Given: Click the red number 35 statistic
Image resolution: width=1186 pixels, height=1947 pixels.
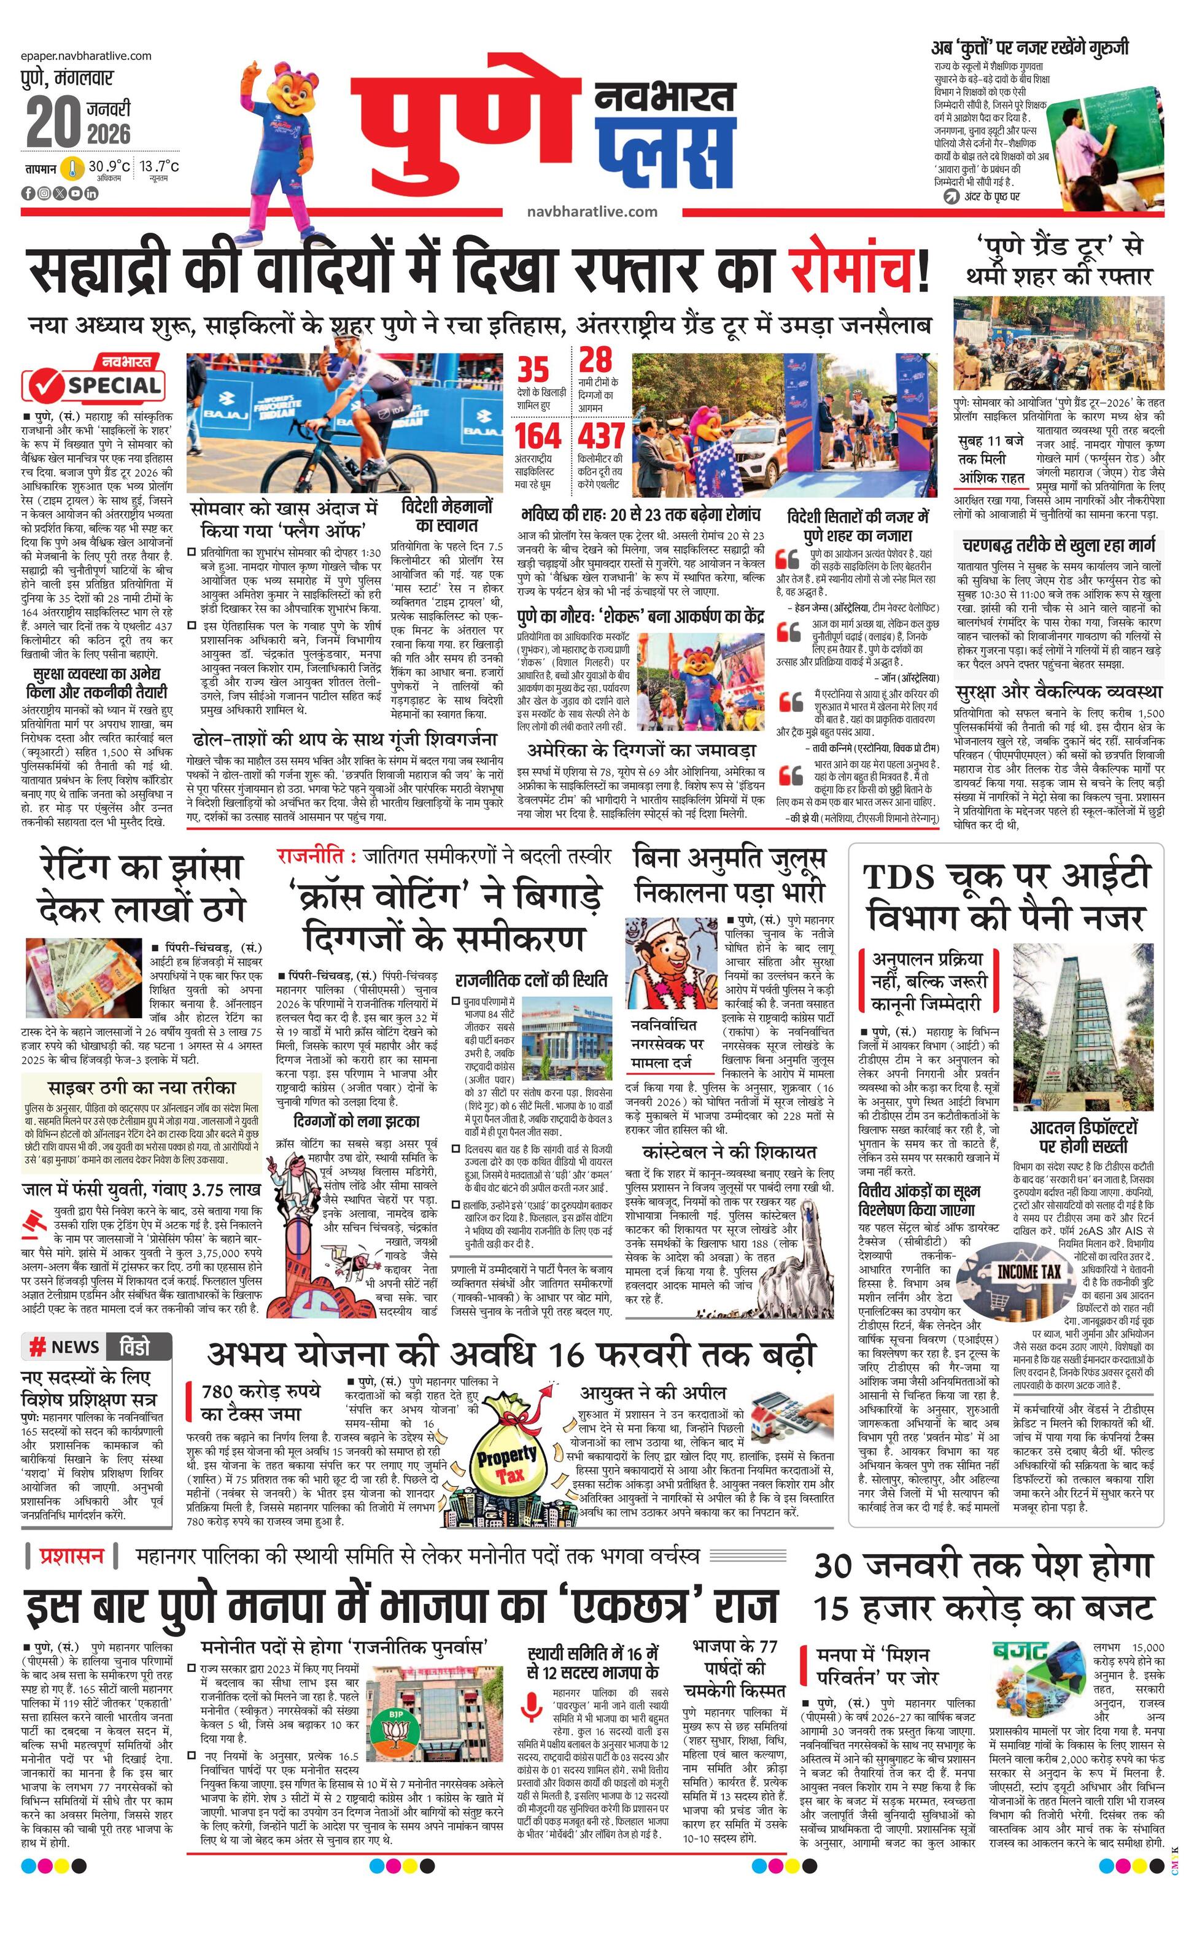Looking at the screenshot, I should tap(533, 370).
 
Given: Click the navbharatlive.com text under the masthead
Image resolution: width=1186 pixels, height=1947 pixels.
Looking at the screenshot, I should tap(592, 211).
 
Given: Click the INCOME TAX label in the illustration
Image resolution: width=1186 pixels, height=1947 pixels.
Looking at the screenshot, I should tap(1028, 1271).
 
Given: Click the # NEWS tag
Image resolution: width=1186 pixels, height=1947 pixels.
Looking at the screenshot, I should tap(65, 1347).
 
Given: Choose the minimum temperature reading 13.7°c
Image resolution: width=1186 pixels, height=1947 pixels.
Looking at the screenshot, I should tap(160, 167).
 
